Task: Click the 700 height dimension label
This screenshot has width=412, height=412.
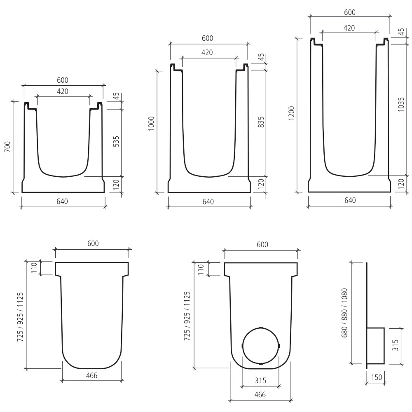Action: (7, 147)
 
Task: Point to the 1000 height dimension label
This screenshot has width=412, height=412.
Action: (151, 124)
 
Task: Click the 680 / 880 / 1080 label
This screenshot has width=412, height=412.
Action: (345, 313)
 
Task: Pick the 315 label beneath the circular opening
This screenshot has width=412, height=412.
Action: (260, 380)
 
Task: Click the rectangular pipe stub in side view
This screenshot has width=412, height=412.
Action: (375, 346)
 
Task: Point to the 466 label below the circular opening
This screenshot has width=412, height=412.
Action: (260, 394)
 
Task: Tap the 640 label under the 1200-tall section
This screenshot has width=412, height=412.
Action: (349, 201)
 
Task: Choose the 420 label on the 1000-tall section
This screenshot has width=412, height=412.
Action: (207, 52)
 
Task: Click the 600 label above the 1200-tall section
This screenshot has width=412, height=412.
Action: (349, 12)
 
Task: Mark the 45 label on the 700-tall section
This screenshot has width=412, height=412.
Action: (117, 96)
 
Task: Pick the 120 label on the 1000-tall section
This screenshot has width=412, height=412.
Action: (261, 185)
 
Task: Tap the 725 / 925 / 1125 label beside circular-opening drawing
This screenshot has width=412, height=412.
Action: (187, 316)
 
